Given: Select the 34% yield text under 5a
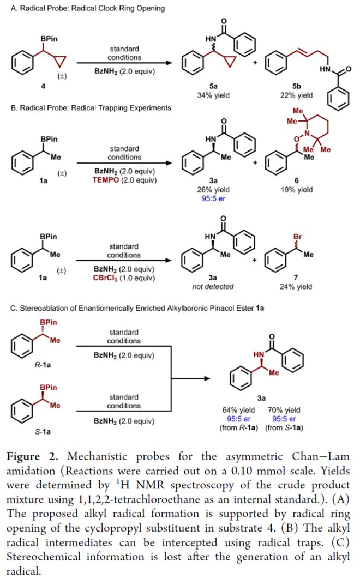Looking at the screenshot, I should (x=213, y=95).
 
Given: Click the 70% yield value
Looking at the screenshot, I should (x=284, y=410).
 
